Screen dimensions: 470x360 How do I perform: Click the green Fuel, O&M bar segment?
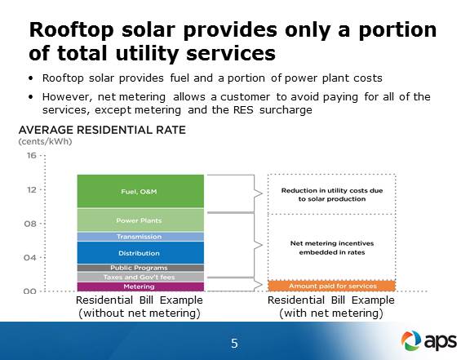coord(140,191)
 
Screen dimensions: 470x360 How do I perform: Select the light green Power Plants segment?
coord(140,220)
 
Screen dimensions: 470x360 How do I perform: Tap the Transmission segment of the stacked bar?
coord(140,237)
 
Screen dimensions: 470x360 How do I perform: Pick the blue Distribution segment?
coord(140,253)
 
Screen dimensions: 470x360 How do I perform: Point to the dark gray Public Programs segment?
coord(140,268)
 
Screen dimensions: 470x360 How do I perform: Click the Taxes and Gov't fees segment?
coord(140,277)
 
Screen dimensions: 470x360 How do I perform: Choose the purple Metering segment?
coord(140,287)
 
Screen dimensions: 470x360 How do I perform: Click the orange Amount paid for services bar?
coord(332,286)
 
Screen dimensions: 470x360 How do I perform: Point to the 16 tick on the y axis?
coord(32,155)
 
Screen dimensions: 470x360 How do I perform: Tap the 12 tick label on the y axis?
coord(32,189)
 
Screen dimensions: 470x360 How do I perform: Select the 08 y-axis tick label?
coord(30,224)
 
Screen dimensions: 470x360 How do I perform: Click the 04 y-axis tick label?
coord(30,258)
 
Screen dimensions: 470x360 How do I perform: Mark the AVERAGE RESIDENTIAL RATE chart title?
coord(102,130)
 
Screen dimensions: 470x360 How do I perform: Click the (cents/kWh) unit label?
coord(45,141)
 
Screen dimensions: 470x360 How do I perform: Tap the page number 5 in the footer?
coord(234,343)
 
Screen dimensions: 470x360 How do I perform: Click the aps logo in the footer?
coord(429,340)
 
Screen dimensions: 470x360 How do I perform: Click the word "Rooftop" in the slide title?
coord(71,30)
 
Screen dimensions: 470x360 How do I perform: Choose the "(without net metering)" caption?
coord(140,313)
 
